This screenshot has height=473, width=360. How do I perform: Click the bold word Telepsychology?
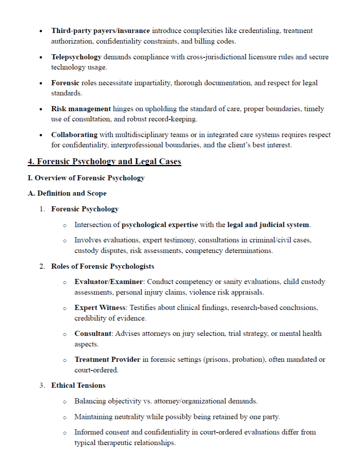[x=76, y=57]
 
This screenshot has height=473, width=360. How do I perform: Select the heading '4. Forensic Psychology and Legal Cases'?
[x=104, y=161]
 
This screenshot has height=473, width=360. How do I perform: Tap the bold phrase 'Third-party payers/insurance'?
[x=100, y=31]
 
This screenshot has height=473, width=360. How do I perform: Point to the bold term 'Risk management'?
[x=81, y=109]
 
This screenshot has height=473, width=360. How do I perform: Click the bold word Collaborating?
[x=74, y=135]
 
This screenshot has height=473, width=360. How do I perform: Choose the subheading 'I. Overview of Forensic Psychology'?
[x=86, y=178]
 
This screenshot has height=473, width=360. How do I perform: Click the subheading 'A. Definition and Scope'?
[x=67, y=193]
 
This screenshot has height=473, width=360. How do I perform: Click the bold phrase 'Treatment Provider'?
[x=107, y=359]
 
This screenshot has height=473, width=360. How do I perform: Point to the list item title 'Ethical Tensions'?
[x=78, y=385]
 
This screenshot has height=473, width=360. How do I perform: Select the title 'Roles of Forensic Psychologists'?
[x=103, y=266]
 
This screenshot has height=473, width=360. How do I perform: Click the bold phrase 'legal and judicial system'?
[x=268, y=225]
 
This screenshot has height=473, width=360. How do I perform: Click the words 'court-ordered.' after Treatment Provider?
[x=96, y=370]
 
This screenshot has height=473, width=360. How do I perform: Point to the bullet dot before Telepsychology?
[x=42, y=57]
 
